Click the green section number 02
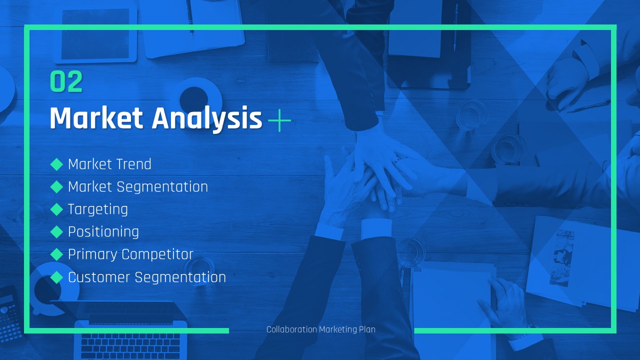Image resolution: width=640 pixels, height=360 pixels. (x=66, y=81)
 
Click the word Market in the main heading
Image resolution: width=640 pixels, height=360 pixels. (x=96, y=118)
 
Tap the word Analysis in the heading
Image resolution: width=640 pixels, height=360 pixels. (x=206, y=119)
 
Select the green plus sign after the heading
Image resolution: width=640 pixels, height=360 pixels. (x=279, y=120)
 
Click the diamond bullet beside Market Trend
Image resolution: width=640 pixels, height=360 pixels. (x=56, y=164)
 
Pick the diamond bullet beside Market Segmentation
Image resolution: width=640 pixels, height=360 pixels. (x=56, y=187)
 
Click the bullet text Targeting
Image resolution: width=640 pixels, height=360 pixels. (x=97, y=209)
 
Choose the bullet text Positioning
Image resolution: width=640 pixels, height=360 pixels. (x=103, y=232)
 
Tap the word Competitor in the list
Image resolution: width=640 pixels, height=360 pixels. (x=157, y=254)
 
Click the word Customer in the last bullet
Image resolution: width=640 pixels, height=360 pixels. (x=99, y=277)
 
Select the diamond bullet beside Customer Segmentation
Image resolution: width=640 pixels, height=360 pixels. (x=56, y=277)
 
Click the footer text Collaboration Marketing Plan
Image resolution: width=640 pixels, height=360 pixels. (x=321, y=329)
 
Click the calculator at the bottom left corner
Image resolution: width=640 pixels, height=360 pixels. (x=10, y=314)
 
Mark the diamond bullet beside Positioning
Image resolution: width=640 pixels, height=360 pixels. (x=56, y=232)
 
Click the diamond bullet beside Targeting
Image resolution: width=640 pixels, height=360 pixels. (x=56, y=209)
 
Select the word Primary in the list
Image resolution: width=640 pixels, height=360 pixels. (x=92, y=254)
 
